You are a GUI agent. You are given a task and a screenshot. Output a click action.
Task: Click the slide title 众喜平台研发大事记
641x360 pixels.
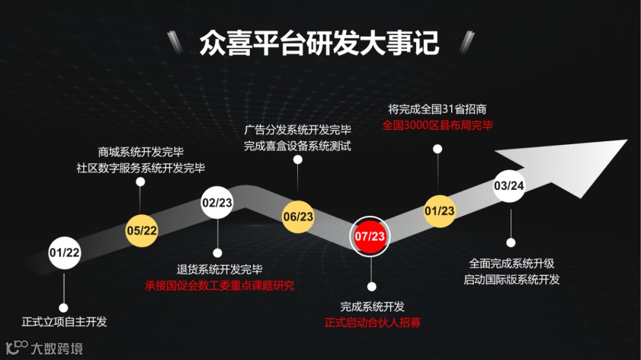[319, 43]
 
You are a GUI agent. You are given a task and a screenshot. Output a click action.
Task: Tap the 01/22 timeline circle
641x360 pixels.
[64, 252]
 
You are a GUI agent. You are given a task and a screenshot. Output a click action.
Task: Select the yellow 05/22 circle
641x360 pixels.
[141, 230]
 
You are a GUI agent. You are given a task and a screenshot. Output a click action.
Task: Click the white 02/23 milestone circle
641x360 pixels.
[217, 202]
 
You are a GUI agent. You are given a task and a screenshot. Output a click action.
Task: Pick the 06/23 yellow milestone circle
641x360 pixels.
[298, 216]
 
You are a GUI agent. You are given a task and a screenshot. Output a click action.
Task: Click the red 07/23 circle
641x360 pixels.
[370, 236]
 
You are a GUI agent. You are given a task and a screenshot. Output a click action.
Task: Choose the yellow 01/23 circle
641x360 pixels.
[439, 211]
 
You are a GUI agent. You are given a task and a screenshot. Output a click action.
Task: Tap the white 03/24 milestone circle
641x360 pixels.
[509, 186]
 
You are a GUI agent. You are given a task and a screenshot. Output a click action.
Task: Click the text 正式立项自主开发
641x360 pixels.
[64, 322]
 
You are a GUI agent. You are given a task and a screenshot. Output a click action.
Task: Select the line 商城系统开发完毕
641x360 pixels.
[141, 152]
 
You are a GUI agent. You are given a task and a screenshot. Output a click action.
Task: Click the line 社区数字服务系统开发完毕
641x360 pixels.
[141, 168]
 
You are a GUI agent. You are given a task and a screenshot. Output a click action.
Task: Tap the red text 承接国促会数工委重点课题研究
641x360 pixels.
[219, 285]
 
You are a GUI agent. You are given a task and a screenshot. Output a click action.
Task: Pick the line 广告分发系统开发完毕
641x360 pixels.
[297, 130]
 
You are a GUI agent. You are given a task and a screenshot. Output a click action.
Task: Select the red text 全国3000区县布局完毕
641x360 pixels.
[437, 125]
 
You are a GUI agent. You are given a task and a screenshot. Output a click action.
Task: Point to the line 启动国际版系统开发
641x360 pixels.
[512, 279]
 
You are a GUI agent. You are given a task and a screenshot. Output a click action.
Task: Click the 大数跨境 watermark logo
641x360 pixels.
[44, 348]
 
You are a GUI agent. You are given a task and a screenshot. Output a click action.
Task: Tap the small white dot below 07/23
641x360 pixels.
[372, 286]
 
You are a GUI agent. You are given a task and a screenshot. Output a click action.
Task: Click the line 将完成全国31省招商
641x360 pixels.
[437, 109]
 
